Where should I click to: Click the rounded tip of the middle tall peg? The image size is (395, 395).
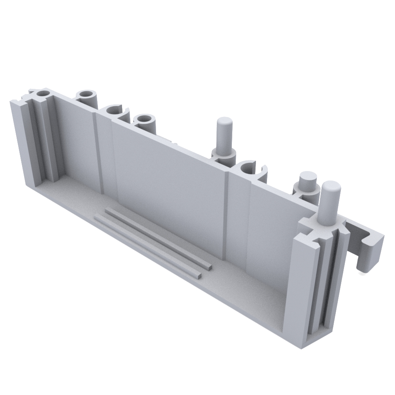(x=224, y=122)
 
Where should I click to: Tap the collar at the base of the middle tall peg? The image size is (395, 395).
(x=224, y=154)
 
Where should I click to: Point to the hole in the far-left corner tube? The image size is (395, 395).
(x=43, y=94)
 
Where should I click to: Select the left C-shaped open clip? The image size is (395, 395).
(x=115, y=112)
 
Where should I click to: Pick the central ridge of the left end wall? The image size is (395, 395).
(x=43, y=138)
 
